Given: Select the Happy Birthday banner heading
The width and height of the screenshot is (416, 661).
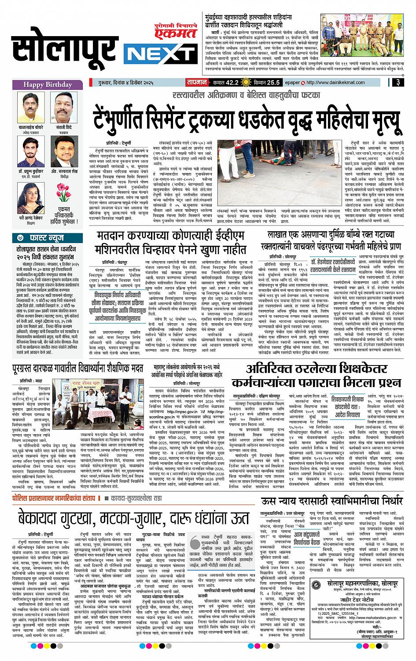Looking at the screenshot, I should tap(48, 85).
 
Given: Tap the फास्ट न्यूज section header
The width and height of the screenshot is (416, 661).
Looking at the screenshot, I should tap(48, 237).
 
